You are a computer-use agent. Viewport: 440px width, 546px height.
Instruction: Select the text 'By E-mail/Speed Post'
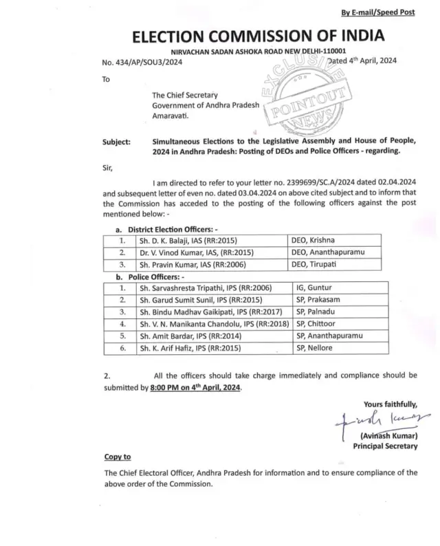click(x=377, y=12)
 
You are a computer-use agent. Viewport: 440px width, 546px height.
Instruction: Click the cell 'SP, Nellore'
click(x=313, y=348)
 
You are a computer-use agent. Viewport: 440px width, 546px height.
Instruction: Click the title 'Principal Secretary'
click(x=385, y=446)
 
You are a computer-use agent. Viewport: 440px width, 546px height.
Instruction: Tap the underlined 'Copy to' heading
click(x=117, y=457)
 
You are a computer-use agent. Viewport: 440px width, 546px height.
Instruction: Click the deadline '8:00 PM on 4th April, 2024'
click(x=195, y=388)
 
